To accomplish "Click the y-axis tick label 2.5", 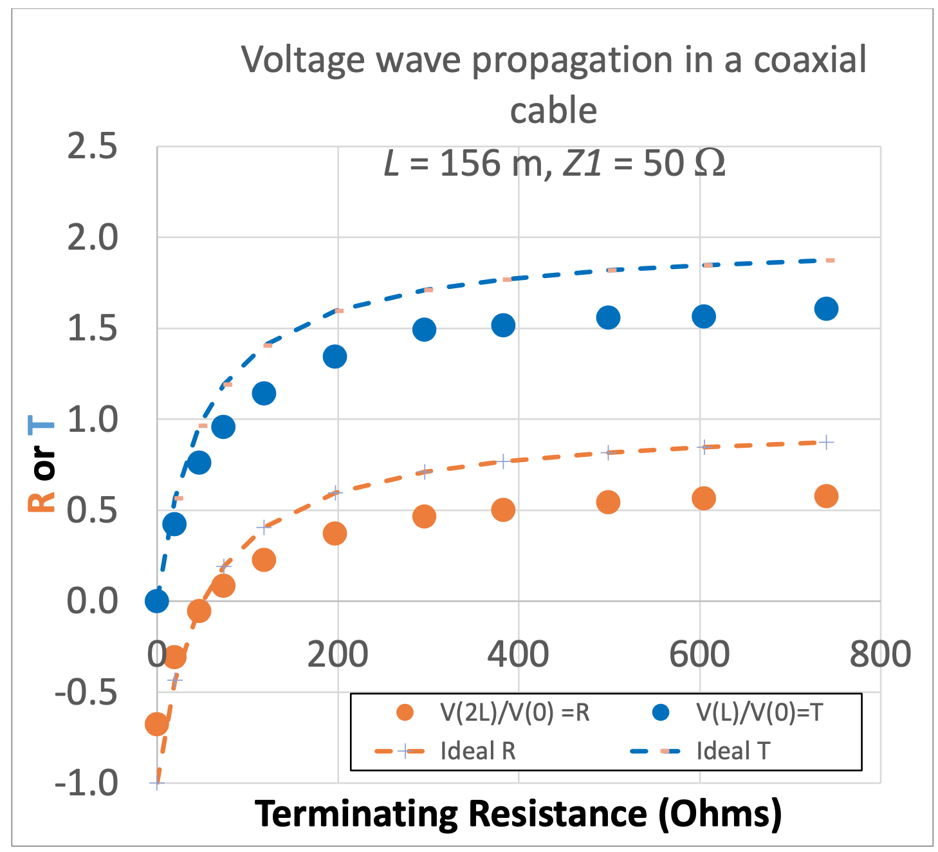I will coord(93,146).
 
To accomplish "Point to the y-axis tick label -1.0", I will coord(87,783).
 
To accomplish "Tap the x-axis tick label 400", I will coord(518,654).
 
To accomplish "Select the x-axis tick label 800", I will coord(880,654).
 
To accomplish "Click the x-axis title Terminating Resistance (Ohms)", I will coord(518,813).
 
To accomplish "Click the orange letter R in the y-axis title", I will coord(42,498).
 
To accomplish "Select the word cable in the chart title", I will coord(553,111).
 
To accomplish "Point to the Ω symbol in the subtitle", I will coord(710,163).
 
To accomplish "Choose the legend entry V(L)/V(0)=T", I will coord(759,712).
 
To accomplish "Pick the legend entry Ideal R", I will coord(478,750).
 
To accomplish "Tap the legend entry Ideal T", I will coord(733,750).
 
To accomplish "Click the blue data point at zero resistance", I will coord(157,601).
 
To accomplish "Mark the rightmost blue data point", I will coord(826,309).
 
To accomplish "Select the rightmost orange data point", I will coord(826,496).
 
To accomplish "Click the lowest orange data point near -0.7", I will coord(156,725).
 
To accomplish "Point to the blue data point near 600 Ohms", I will coord(704,316).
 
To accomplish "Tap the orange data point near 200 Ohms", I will coord(335,533).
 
